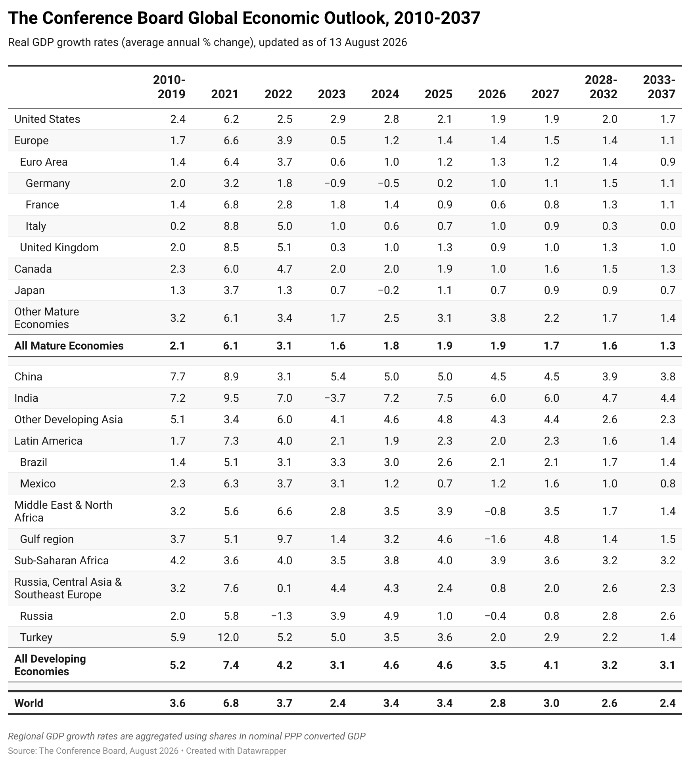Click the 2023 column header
[332, 94]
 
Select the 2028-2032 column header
[601, 87]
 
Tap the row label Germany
[48, 183]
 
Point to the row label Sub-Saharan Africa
[61, 560]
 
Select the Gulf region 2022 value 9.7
[284, 539]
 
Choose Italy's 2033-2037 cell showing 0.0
[668, 226]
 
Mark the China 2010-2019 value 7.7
[178, 376]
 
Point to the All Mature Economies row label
[69, 346]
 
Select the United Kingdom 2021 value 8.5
[231, 247]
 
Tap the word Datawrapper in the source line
[261, 751]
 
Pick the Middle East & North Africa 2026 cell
[495, 511]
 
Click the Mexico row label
[38, 483]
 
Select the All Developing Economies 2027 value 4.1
[551, 665]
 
